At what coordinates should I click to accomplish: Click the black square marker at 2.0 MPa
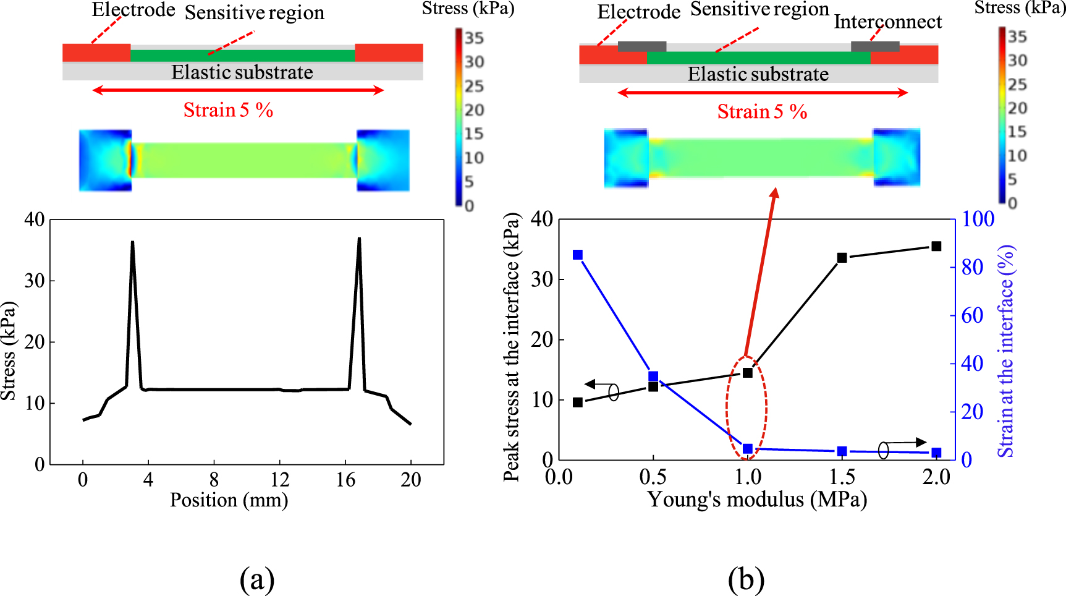click(936, 246)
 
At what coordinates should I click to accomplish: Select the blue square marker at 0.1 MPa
click(578, 255)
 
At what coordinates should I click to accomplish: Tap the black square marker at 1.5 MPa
click(842, 257)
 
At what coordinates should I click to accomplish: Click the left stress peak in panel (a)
click(132, 243)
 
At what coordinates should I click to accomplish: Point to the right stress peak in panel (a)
click(359, 239)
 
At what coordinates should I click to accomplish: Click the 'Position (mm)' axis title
click(229, 500)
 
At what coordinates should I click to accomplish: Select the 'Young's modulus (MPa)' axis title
click(756, 499)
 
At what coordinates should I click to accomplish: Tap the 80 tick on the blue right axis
click(972, 267)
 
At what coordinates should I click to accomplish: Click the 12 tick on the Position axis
click(279, 480)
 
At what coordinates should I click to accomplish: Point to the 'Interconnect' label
click(887, 22)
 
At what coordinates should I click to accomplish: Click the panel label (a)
click(256, 579)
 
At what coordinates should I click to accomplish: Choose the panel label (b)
click(746, 579)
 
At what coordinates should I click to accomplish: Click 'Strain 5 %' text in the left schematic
click(228, 110)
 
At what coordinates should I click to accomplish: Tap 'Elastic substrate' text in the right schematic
click(758, 74)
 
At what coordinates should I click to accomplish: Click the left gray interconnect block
click(642, 46)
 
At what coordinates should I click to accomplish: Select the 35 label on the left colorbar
click(474, 38)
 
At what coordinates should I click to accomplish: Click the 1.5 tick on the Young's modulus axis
click(842, 477)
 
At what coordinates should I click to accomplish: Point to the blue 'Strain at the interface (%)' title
click(1007, 351)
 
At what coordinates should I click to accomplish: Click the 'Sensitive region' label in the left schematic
click(255, 12)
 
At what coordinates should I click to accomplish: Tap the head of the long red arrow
click(775, 193)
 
